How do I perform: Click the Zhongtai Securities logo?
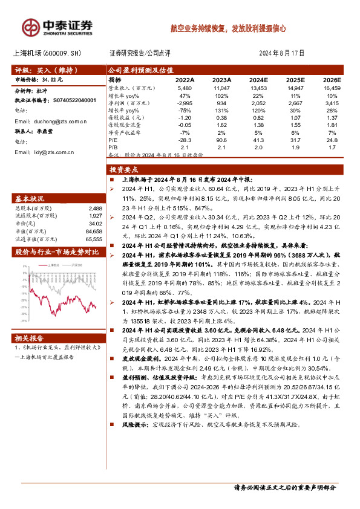point(57,27)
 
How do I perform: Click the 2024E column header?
point(258,80)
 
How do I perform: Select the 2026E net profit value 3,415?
point(332,103)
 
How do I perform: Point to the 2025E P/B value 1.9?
point(295,146)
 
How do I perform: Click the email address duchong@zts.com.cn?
point(50,122)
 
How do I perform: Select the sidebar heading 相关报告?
point(29,337)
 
